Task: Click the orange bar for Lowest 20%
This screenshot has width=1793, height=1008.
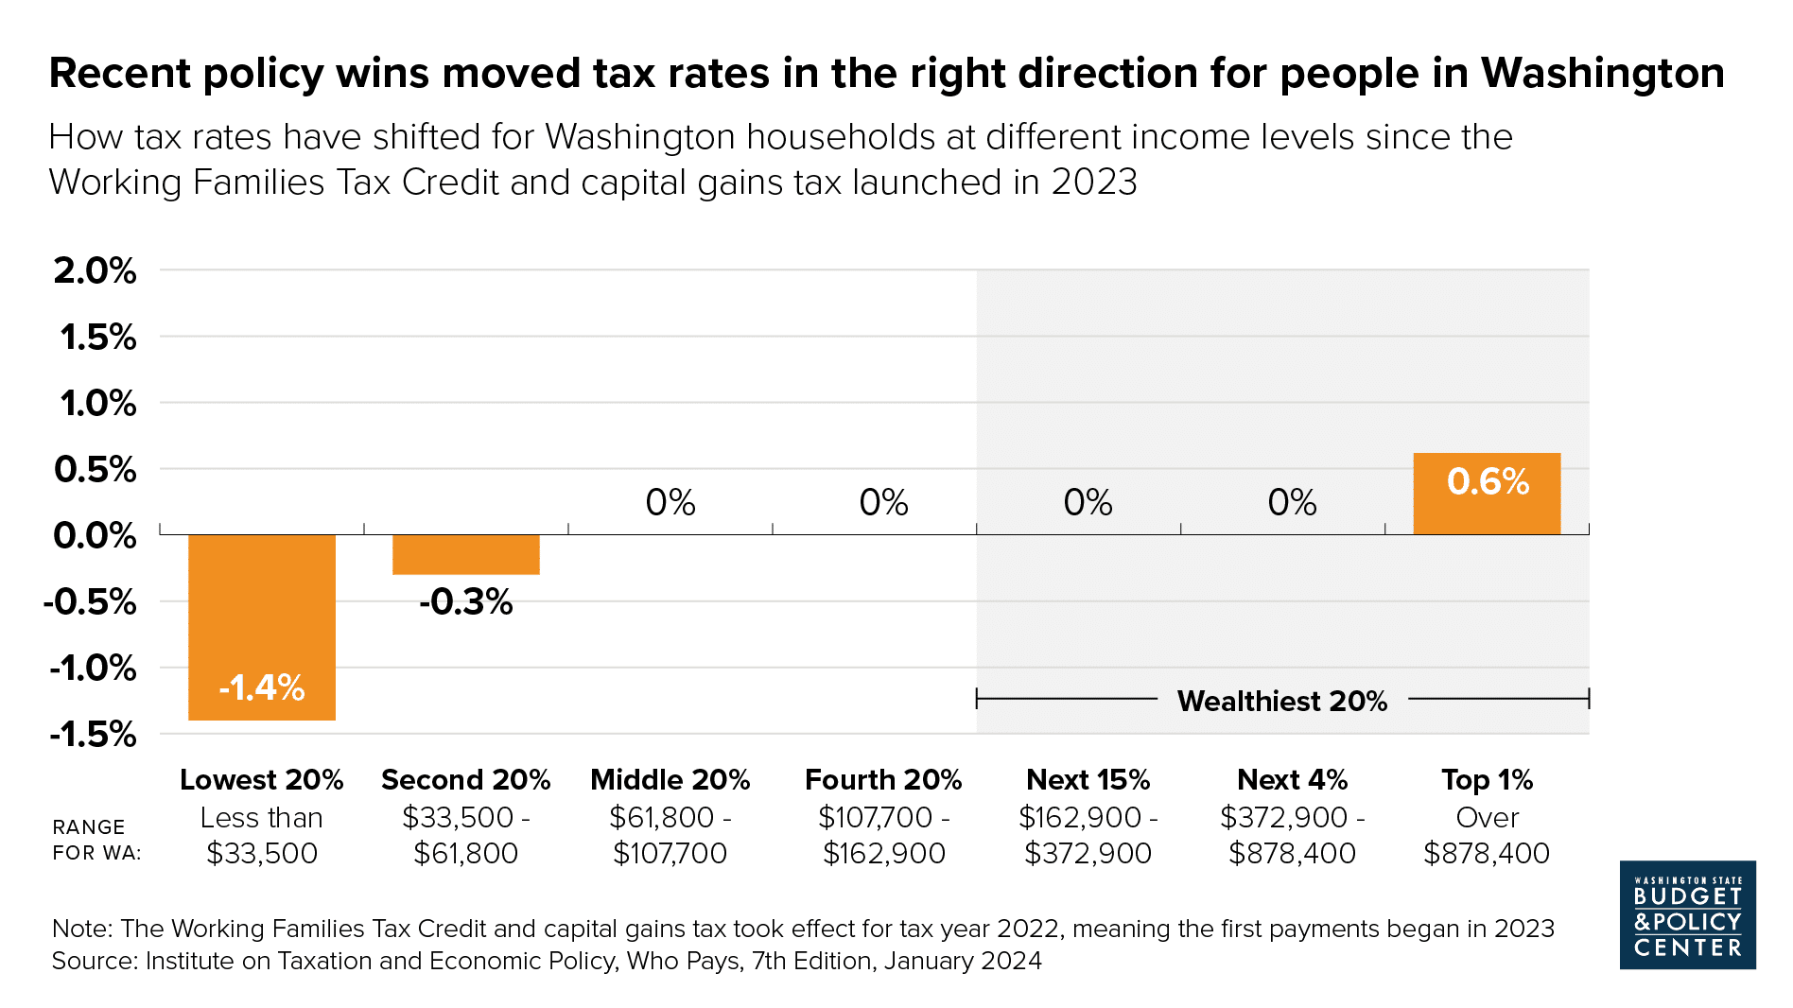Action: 262,627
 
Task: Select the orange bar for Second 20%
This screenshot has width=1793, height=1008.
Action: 466,554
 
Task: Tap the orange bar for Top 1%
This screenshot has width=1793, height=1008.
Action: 1487,494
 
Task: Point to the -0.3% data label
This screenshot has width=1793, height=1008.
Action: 466,601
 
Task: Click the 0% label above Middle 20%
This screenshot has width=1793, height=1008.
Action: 670,502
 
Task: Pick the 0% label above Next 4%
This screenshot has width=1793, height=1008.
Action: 1293,502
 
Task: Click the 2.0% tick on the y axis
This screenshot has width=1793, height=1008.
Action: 96,270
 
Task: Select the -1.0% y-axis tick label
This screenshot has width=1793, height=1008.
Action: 94,668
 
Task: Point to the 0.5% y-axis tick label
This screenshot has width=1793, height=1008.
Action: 96,469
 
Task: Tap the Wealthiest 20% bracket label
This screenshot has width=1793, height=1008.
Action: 1282,701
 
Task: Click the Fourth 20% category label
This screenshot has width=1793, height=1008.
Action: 883,779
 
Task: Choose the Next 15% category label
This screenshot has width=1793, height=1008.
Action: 1088,779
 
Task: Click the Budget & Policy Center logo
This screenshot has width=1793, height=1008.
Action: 1688,914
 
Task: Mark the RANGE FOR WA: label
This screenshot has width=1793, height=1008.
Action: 96,840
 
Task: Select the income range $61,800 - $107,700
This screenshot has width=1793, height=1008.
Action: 670,835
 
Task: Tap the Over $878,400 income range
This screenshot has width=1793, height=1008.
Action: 1487,835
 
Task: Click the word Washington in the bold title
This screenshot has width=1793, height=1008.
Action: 1603,73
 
